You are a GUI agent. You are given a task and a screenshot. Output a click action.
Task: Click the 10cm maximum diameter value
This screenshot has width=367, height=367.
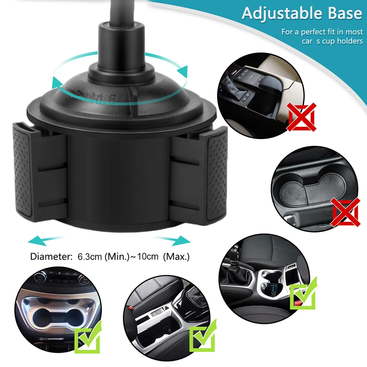[x=146, y=257]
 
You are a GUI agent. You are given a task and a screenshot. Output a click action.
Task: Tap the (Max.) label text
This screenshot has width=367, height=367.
[x=176, y=257]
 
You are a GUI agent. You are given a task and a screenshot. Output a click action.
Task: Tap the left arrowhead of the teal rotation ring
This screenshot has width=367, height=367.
[x=57, y=82]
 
